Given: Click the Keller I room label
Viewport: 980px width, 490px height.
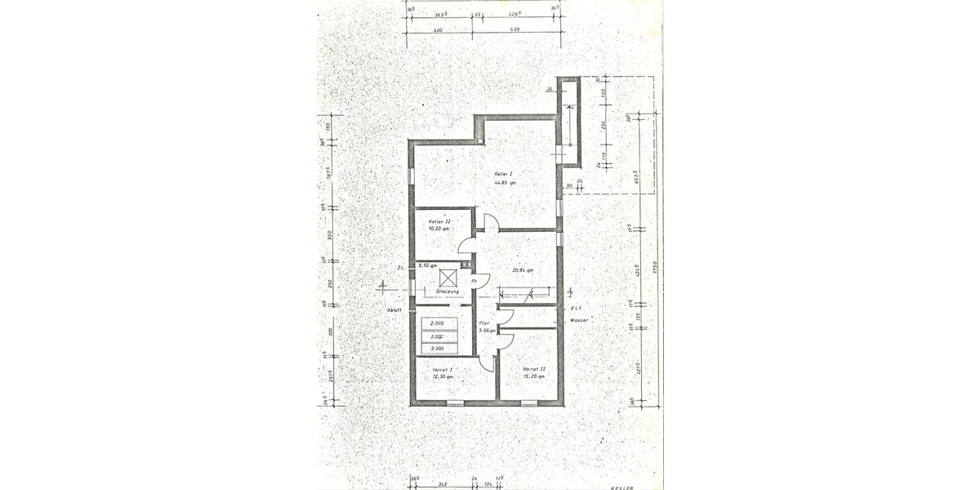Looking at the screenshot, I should point(504,174).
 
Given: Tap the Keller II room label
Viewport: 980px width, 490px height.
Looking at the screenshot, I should point(439,221).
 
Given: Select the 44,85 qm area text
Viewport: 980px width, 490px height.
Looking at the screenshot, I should point(504,182).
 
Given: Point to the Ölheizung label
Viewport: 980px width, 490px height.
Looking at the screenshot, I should point(448,292).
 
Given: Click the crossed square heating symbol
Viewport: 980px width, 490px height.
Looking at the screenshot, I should point(448,278).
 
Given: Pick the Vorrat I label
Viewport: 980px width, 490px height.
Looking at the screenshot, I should point(442,369).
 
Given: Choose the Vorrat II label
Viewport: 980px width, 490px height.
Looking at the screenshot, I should point(534,369).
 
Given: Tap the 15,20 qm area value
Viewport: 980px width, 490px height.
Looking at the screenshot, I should point(534,376).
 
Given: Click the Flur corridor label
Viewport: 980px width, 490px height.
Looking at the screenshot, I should point(485,323).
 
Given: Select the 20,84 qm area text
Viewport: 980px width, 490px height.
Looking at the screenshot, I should point(523,270).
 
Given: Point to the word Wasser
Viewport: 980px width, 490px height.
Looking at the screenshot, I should point(579,320).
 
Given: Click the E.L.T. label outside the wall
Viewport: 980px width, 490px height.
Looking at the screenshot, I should point(576,308).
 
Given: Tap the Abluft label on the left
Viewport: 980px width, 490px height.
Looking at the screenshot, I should point(395,310).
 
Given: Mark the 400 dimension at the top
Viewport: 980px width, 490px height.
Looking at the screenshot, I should point(438,29).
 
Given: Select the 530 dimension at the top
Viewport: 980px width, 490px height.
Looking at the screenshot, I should point(513,29).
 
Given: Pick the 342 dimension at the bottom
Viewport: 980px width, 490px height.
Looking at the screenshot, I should point(442,484).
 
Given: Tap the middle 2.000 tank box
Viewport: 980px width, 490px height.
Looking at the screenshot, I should point(438,336).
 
